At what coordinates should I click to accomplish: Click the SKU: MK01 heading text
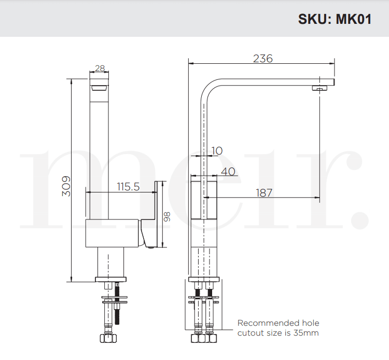[x=334, y=19]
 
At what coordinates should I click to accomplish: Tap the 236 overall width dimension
[x=262, y=58]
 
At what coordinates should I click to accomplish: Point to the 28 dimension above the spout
[x=100, y=68]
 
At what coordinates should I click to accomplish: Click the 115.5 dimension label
[x=129, y=186]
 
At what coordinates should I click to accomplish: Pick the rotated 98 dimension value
[x=168, y=216]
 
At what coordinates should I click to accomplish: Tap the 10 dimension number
[x=217, y=150]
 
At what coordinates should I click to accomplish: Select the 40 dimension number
[x=228, y=171]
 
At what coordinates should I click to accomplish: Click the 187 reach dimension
[x=265, y=193]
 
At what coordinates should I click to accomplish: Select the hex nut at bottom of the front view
[x=108, y=339]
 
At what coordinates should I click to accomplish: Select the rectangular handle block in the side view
[x=204, y=200]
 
